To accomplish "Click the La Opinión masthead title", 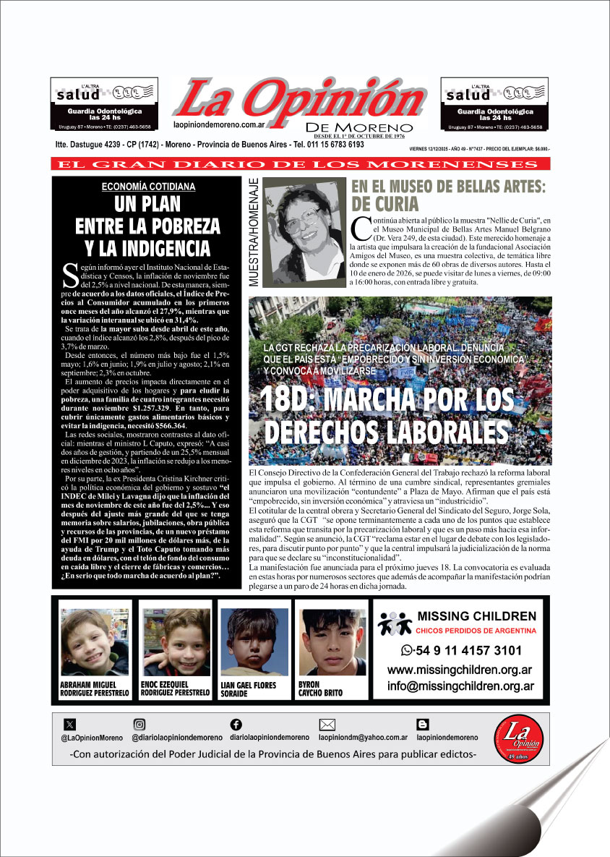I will [x=298, y=97].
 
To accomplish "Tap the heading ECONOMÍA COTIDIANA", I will [x=148, y=187].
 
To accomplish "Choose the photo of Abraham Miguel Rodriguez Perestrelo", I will [x=95, y=641].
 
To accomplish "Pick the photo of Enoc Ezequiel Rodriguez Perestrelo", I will [x=174, y=641].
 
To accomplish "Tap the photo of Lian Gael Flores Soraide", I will [x=254, y=641].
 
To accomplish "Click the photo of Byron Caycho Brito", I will [x=332, y=641].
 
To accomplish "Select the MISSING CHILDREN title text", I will [x=477, y=617].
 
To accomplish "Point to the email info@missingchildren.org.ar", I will [x=460, y=686].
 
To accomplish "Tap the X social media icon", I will [x=69, y=724].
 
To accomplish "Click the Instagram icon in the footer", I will [x=139, y=724].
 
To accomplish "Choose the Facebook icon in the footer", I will [x=236, y=724].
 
